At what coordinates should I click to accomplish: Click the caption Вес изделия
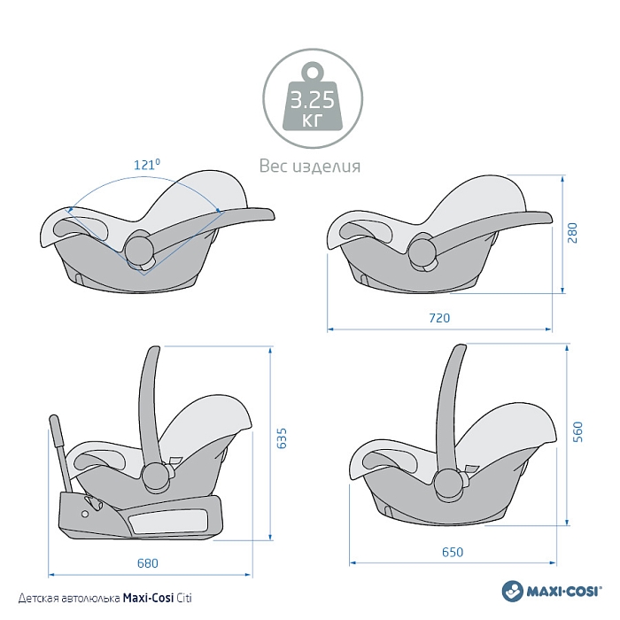(x=310, y=167)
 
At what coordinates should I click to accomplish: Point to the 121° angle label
(x=147, y=165)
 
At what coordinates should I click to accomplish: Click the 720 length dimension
(x=439, y=318)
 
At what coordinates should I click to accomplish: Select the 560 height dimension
(x=577, y=432)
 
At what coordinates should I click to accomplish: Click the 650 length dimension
(x=452, y=553)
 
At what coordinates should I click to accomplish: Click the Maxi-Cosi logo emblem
(x=511, y=591)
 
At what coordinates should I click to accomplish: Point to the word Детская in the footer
(x=35, y=599)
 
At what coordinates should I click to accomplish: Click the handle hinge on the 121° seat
(x=138, y=251)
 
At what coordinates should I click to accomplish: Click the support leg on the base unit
(x=61, y=452)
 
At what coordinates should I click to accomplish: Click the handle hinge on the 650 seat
(x=449, y=480)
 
